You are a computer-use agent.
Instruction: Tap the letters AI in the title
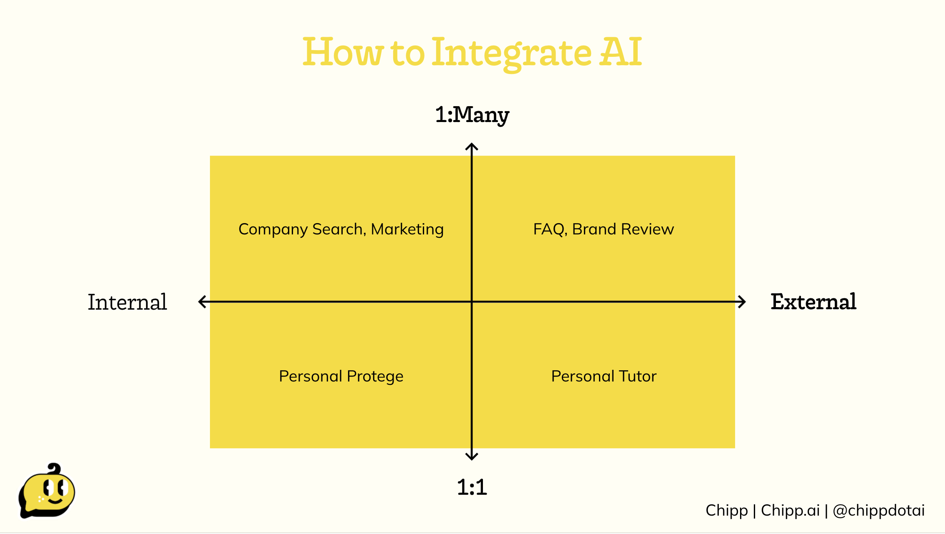(x=621, y=52)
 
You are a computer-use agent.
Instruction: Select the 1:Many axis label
(x=472, y=115)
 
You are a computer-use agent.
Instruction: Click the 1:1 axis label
(x=472, y=487)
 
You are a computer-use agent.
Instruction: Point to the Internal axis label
(x=127, y=302)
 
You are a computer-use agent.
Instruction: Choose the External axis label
(x=814, y=302)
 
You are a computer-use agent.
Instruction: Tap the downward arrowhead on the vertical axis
(x=472, y=456)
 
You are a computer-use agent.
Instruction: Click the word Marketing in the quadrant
(x=407, y=230)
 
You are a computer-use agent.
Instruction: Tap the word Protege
(x=375, y=377)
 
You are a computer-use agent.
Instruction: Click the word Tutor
(x=637, y=376)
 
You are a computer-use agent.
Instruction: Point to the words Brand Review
(x=623, y=229)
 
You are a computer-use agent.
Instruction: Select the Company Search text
(x=302, y=230)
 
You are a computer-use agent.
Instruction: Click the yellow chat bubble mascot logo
(x=46, y=491)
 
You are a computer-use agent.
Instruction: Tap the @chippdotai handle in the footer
(x=879, y=511)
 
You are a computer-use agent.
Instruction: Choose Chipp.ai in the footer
(x=790, y=511)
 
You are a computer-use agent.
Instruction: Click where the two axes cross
(x=472, y=302)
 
